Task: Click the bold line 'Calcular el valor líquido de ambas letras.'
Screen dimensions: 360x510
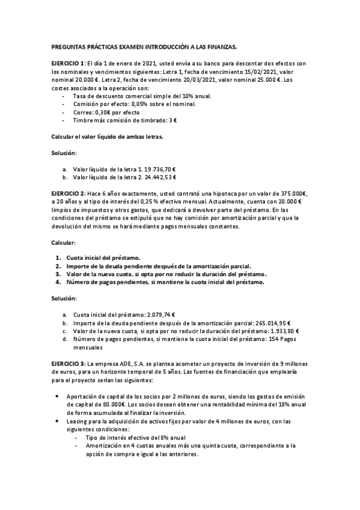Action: (108, 137)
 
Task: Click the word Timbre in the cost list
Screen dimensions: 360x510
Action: (82, 120)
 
